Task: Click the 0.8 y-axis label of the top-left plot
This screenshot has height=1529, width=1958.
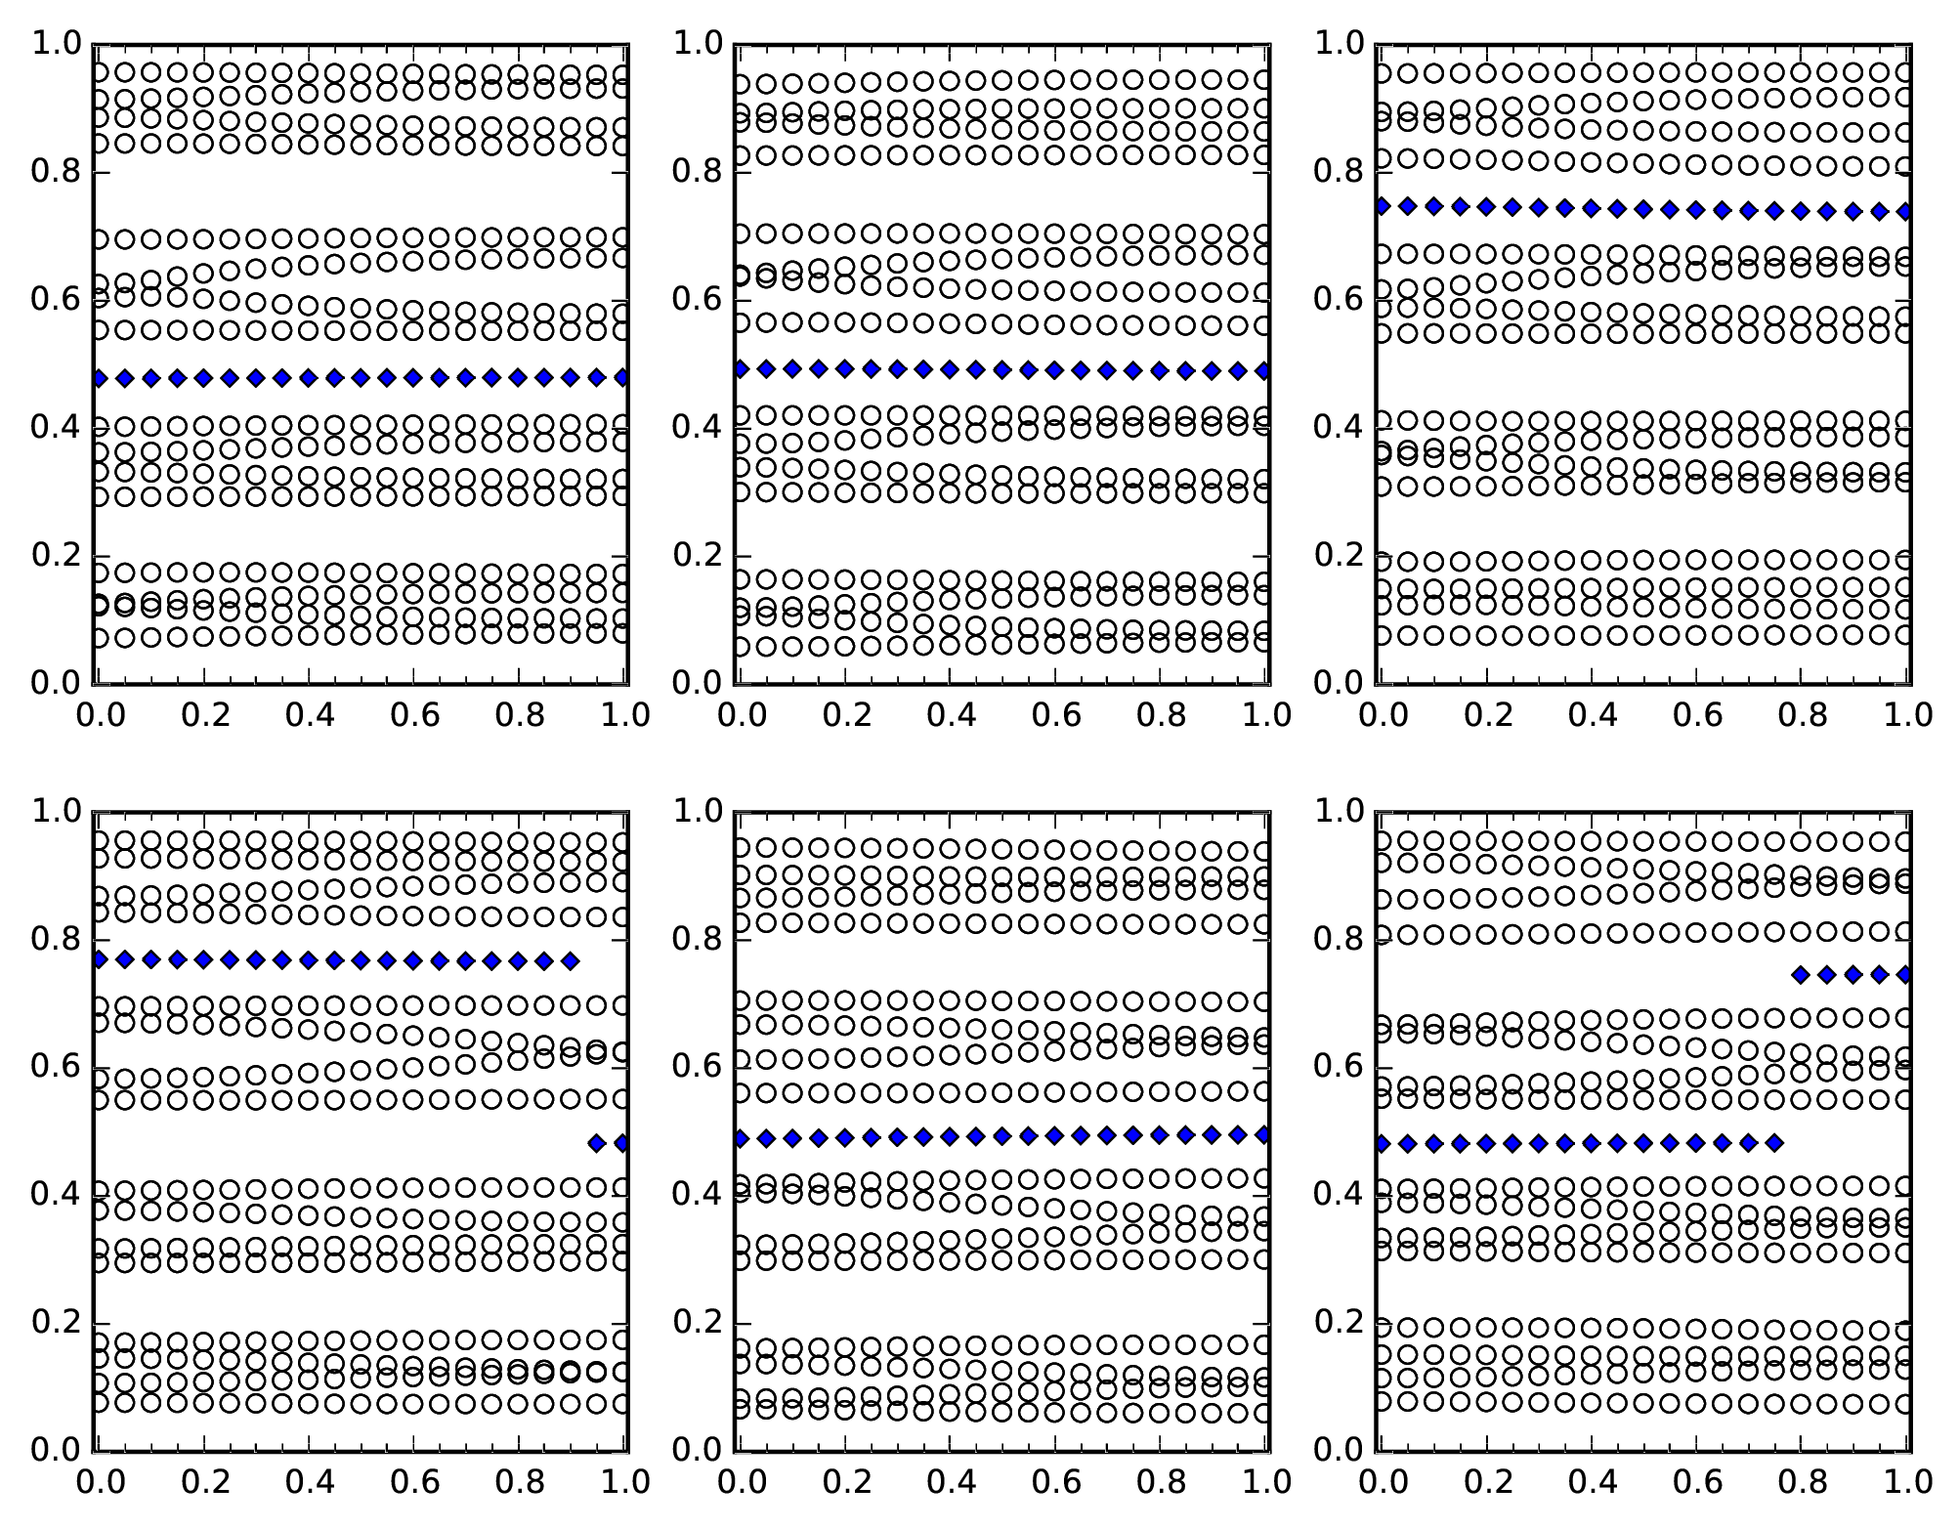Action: (x=55, y=172)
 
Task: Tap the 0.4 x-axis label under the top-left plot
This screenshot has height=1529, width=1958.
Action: (x=310, y=716)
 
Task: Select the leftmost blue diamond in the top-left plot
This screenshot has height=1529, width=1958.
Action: (x=99, y=378)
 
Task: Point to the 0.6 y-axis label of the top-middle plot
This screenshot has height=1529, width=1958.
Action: (x=696, y=299)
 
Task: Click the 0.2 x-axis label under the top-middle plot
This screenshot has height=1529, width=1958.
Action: (x=846, y=716)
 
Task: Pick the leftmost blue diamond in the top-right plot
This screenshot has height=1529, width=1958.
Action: (x=1382, y=205)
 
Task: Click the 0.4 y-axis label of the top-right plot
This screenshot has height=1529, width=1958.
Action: (x=1337, y=427)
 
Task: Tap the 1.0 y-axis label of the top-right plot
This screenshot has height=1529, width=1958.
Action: (x=1337, y=44)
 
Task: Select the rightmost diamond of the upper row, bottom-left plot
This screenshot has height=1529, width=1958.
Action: (x=571, y=961)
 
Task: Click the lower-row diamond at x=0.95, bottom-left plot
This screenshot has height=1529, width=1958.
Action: (x=597, y=1143)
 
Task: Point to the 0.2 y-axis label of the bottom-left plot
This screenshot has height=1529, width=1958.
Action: (x=55, y=1322)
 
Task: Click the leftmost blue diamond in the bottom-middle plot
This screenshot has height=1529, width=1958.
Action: (x=741, y=1138)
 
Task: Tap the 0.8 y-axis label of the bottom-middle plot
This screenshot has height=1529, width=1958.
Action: (x=696, y=939)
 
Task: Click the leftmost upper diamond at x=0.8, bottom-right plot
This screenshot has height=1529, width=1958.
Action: (x=1801, y=975)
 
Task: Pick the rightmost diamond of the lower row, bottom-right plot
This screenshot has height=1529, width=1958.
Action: (x=1774, y=1143)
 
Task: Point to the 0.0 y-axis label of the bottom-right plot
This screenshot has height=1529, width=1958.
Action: (x=1337, y=1449)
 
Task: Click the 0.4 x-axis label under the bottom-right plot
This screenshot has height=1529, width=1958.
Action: (x=1592, y=1482)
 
